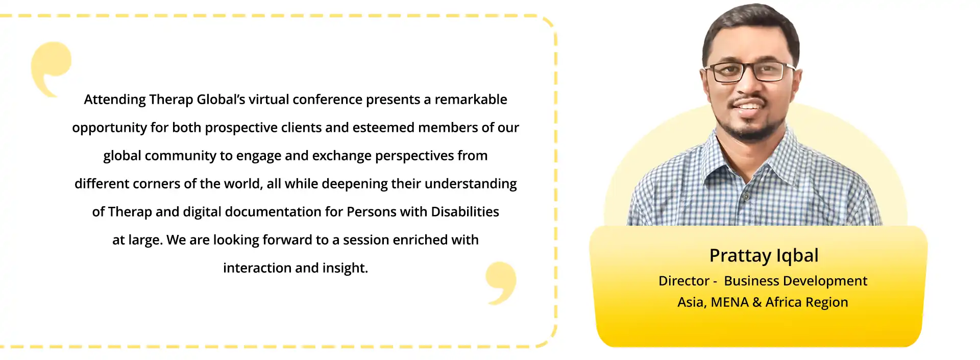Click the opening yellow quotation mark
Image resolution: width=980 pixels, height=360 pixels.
pyautogui.click(x=50, y=66)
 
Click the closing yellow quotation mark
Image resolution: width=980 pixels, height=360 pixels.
pyautogui.click(x=501, y=282)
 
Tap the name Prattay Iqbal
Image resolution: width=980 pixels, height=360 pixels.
pyautogui.click(x=764, y=256)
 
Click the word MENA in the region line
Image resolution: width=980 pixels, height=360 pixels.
pyautogui.click(x=729, y=302)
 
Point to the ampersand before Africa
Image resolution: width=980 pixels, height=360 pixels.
pyautogui.click(x=757, y=302)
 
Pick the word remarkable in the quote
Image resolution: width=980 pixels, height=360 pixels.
pyautogui.click(x=471, y=100)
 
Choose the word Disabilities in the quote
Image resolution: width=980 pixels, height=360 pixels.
pyautogui.click(x=465, y=212)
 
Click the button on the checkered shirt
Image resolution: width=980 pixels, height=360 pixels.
pyautogui.click(x=746, y=196)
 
